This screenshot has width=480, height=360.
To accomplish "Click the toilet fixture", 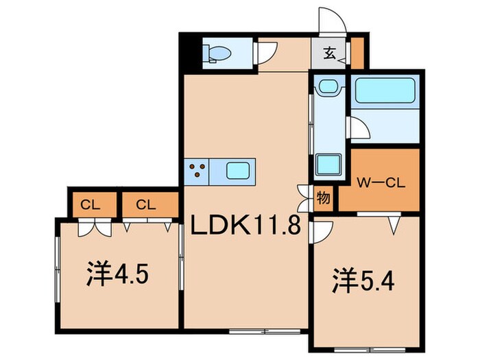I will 219,53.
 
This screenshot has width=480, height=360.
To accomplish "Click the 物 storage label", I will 323,200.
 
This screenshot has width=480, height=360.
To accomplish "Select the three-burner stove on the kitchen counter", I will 197,169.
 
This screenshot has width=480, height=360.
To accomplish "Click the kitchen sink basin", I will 239,169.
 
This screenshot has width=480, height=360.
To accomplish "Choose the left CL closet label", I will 88,204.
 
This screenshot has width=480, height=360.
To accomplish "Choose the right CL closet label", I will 144,204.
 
